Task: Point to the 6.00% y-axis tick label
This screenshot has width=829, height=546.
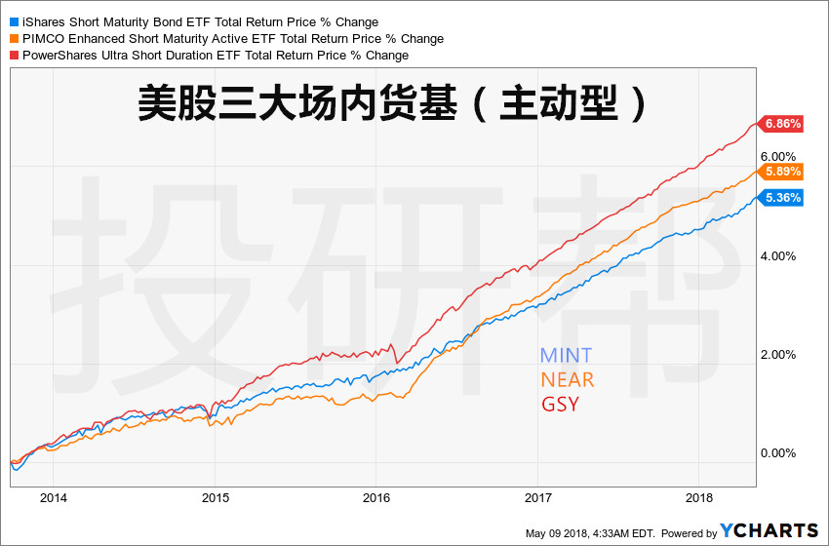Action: (x=778, y=156)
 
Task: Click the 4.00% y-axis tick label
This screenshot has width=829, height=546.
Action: (x=778, y=256)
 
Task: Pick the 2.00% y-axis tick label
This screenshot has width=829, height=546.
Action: (x=778, y=355)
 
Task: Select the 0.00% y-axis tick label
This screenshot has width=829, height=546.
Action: (x=778, y=453)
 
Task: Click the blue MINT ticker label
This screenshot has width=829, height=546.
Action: (x=566, y=356)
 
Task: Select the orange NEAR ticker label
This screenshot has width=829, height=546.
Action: (x=567, y=379)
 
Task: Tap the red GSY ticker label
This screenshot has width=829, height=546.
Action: (x=560, y=404)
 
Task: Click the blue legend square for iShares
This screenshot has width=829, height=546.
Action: (x=12, y=21)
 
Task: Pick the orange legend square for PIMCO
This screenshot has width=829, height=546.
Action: (x=12, y=39)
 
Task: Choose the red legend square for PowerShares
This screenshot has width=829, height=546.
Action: (x=12, y=56)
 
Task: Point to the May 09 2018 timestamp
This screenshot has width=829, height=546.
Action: (x=589, y=533)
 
